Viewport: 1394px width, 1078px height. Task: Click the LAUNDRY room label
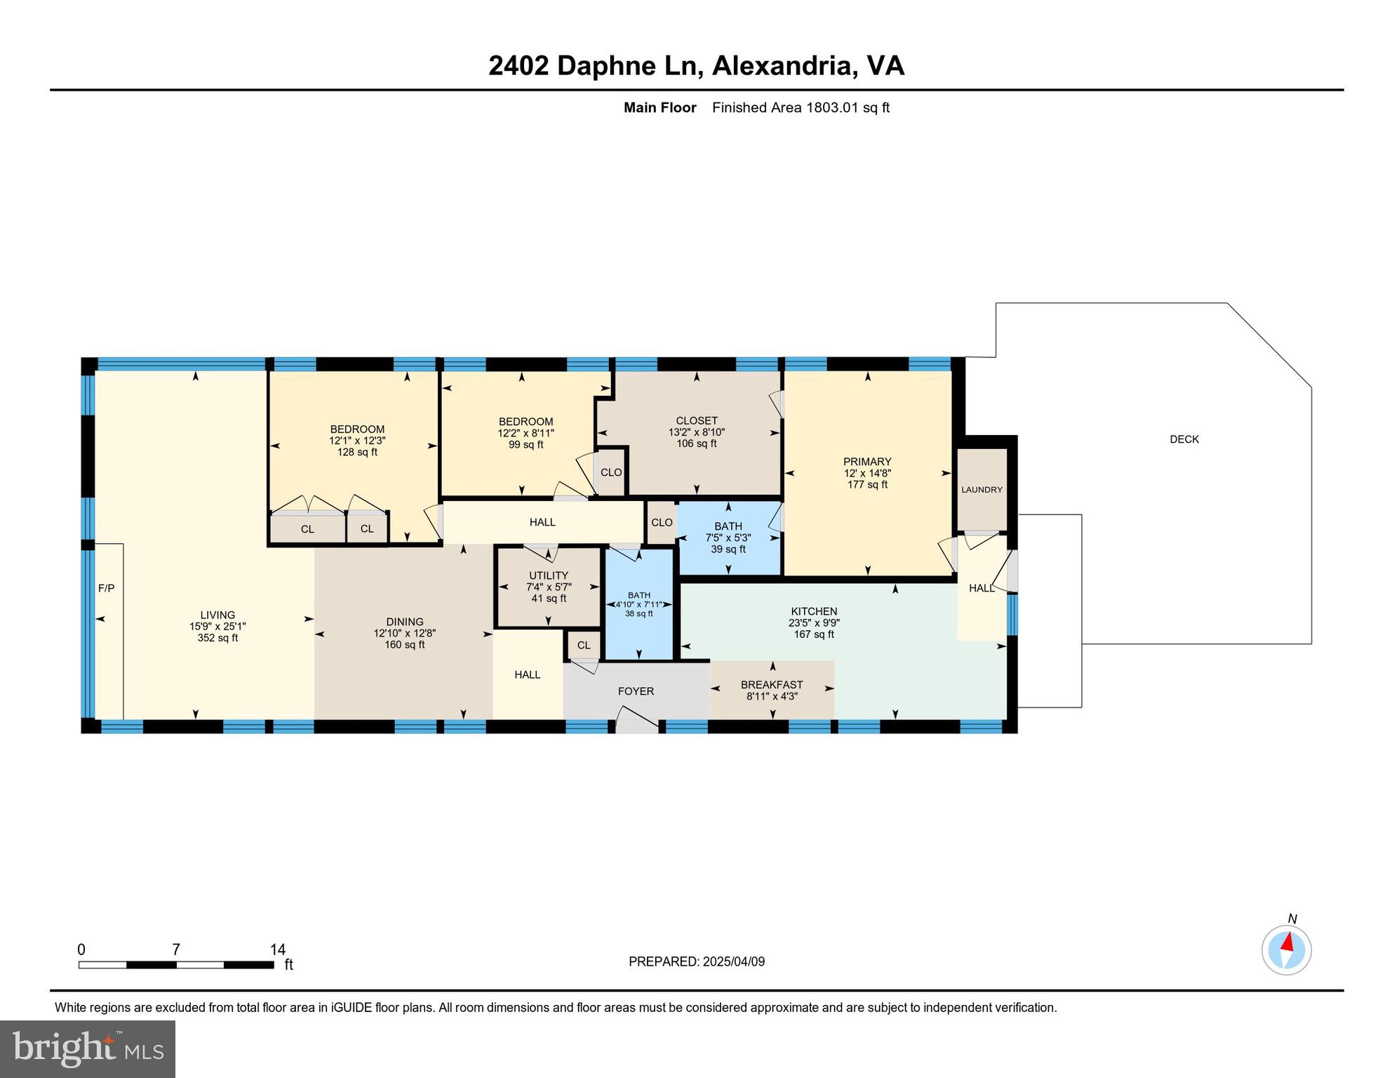(981, 490)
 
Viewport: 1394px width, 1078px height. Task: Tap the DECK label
(1184, 439)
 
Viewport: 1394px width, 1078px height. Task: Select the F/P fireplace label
(106, 588)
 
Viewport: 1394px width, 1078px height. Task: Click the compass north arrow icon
(1287, 950)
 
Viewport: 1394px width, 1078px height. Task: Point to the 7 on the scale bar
(176, 950)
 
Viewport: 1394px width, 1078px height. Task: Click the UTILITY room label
(549, 575)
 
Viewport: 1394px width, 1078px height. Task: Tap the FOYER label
(636, 691)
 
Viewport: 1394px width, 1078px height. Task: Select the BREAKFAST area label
(772, 684)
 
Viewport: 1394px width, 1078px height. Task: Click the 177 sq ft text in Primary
(867, 484)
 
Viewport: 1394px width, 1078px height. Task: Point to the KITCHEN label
(814, 611)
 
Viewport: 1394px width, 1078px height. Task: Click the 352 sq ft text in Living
(217, 638)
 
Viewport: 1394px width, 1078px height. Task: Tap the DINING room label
(405, 622)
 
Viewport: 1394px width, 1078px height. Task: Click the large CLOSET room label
(697, 421)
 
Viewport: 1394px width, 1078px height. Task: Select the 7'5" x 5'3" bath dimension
(728, 538)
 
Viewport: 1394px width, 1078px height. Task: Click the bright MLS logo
(88, 1049)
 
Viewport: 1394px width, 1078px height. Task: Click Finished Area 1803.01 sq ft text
(800, 107)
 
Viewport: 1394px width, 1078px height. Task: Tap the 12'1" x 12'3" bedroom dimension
(357, 441)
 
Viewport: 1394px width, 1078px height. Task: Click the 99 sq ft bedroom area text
(525, 444)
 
